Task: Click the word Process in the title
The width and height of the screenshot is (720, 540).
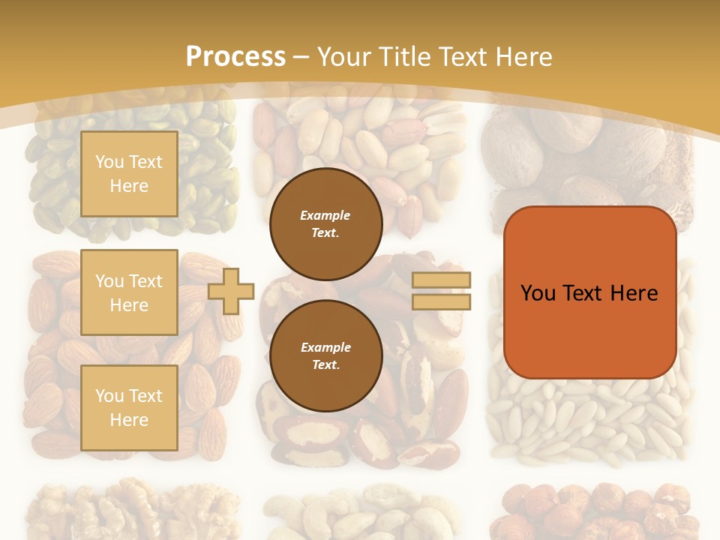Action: [x=235, y=56]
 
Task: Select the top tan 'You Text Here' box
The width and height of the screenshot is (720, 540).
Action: [x=129, y=174]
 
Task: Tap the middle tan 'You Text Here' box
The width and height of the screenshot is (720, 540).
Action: [x=129, y=292]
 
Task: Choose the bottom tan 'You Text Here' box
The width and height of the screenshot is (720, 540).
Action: [x=129, y=408]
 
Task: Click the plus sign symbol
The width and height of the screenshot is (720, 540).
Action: [x=231, y=291]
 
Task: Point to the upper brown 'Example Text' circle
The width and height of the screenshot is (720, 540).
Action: [x=326, y=224]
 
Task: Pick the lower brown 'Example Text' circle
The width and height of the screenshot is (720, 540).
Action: [x=326, y=355]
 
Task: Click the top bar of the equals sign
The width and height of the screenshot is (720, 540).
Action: [x=442, y=280]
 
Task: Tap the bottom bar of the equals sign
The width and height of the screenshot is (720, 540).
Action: [x=442, y=301]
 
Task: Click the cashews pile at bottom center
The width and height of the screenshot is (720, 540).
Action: [x=360, y=514]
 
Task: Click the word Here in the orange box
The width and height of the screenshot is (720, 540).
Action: [x=634, y=293]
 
